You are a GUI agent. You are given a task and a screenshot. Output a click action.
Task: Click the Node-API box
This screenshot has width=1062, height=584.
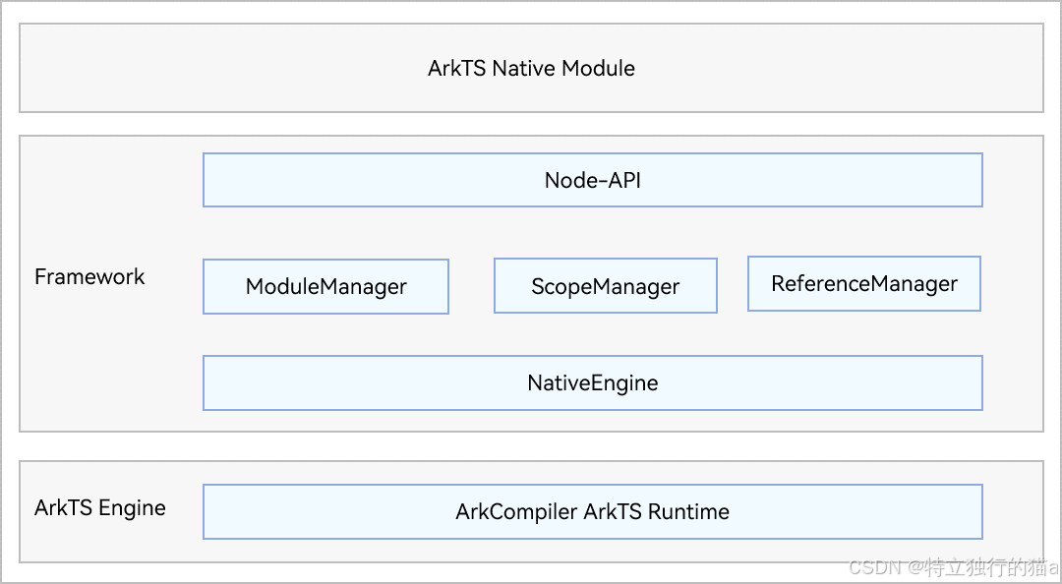[x=593, y=180]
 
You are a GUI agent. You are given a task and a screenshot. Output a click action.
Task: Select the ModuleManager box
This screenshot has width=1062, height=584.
[x=325, y=286]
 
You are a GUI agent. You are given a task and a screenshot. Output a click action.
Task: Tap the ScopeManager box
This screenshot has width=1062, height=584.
[x=606, y=285]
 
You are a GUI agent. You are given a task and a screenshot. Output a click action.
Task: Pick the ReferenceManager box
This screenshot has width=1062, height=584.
[x=864, y=283]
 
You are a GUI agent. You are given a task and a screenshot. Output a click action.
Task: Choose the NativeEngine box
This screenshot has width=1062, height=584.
[x=593, y=382]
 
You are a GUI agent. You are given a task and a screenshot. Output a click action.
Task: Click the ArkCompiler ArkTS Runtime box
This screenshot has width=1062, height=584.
[x=593, y=511]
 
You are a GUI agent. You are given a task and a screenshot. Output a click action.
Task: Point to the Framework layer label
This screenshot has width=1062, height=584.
[x=89, y=276]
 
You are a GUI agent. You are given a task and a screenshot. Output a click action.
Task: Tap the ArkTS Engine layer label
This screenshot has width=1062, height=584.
[x=100, y=508]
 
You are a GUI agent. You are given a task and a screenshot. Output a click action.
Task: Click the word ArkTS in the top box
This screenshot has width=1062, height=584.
[x=457, y=68]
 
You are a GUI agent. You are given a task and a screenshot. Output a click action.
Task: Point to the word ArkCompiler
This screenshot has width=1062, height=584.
[x=516, y=511]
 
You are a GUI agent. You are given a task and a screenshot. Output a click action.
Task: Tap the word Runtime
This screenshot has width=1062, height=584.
[x=688, y=511]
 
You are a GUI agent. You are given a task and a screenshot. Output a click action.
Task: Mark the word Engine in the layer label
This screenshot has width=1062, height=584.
[x=132, y=508]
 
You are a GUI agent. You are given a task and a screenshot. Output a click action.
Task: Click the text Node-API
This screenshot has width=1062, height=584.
[x=593, y=180]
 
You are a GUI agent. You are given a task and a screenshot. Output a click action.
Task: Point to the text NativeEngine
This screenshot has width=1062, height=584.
[x=593, y=382]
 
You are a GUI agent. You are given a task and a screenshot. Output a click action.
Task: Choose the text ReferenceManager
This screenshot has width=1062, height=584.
[x=864, y=284]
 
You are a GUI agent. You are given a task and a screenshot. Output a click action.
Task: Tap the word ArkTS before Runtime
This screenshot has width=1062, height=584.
[x=613, y=511]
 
